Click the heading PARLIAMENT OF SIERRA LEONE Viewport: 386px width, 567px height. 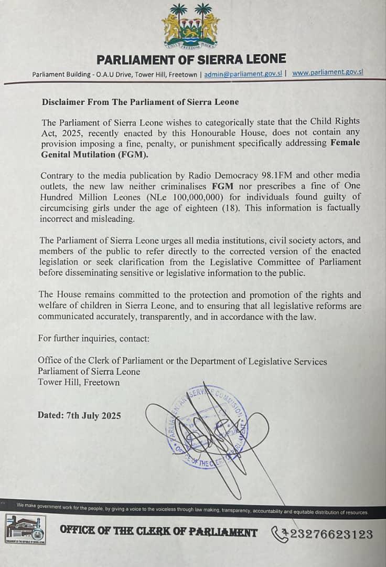point(191,58)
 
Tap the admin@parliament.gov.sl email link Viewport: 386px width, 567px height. point(242,74)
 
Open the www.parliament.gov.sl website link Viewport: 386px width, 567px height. point(327,73)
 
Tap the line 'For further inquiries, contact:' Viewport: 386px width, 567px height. point(94,339)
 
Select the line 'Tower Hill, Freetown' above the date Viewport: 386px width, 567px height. point(79,382)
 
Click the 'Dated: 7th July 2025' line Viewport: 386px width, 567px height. point(79,415)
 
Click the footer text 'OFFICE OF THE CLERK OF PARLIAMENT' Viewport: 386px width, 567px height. point(159,532)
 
